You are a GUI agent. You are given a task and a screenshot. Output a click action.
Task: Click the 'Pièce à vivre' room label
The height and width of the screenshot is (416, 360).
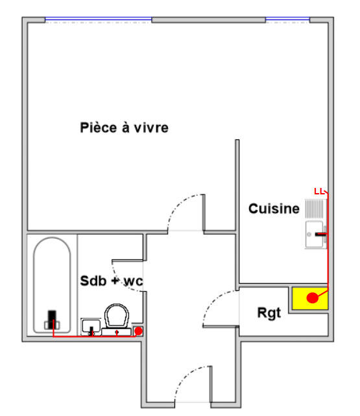point(124,128)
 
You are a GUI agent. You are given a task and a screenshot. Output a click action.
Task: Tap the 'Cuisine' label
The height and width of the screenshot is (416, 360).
point(274,209)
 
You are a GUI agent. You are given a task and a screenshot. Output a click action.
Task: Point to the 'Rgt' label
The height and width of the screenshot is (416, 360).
point(269,314)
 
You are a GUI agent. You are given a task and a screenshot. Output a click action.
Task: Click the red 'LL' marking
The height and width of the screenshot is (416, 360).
point(318,192)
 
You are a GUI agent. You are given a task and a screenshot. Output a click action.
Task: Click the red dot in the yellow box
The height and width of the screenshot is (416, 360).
point(313,298)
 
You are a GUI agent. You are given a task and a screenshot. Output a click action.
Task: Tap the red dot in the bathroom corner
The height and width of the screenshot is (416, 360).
point(138,331)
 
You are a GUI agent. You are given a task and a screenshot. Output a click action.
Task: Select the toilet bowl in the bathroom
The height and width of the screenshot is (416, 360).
point(117,316)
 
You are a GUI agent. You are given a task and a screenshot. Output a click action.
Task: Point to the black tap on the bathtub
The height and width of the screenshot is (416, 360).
point(52,319)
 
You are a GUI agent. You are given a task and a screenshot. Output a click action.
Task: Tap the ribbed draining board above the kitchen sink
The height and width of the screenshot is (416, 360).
point(315,209)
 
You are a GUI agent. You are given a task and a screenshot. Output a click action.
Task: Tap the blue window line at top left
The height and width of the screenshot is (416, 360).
point(98,20)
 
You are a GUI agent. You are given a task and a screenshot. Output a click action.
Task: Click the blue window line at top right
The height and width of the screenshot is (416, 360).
point(287,20)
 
